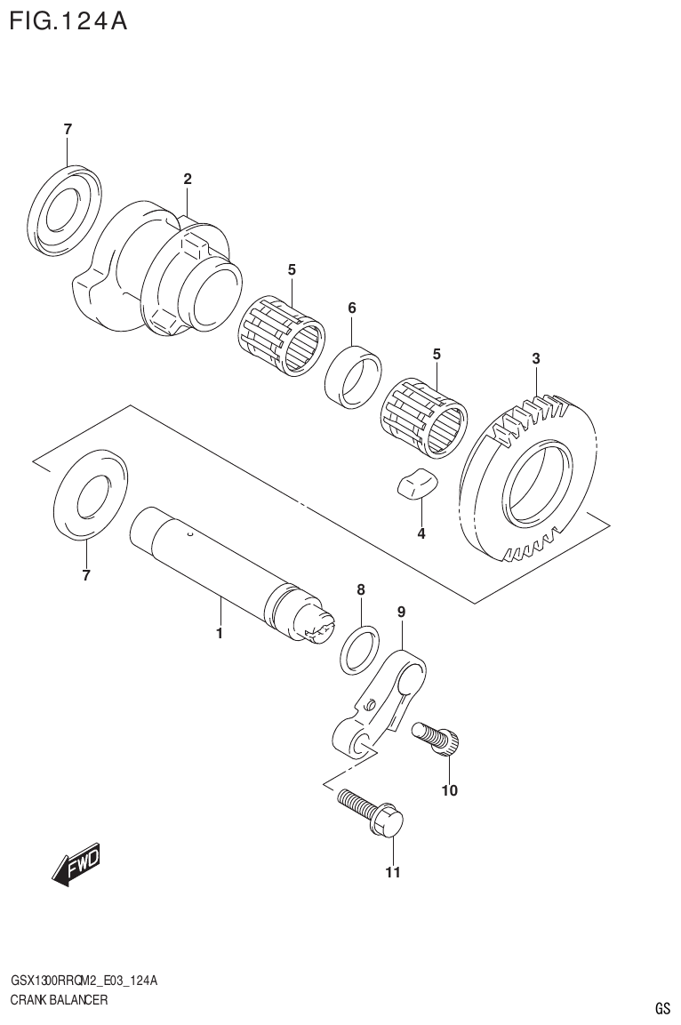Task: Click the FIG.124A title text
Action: pyautogui.click(x=68, y=21)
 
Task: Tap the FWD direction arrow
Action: pyautogui.click(x=76, y=863)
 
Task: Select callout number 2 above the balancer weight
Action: pyautogui.click(x=188, y=180)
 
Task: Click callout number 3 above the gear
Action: pyautogui.click(x=535, y=359)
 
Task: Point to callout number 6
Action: pyautogui.click(x=352, y=308)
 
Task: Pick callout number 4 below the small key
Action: pyautogui.click(x=421, y=533)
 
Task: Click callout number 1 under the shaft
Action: pyautogui.click(x=219, y=634)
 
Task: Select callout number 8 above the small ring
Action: pyautogui.click(x=360, y=589)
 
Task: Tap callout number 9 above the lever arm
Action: pyautogui.click(x=401, y=612)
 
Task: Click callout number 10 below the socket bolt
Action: pyautogui.click(x=449, y=790)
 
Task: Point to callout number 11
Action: pyautogui.click(x=393, y=872)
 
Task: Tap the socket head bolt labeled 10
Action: pyautogui.click(x=436, y=738)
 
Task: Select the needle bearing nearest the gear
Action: pyautogui.click(x=423, y=414)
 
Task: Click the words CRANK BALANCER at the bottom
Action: pyautogui.click(x=59, y=1000)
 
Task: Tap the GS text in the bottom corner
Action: pyautogui.click(x=662, y=1008)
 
